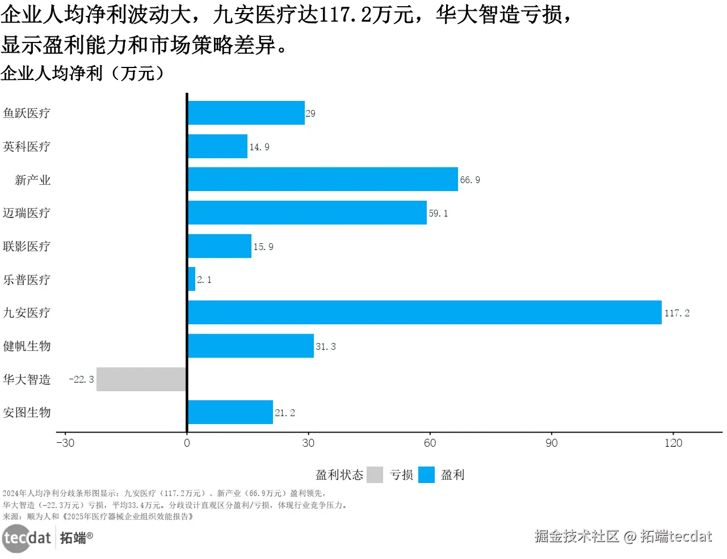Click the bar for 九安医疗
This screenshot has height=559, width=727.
pos(425,312)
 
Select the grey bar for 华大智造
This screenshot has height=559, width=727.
pos(141,379)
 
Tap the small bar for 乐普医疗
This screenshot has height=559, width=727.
pos(192,279)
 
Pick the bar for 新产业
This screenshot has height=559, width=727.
pos(322,179)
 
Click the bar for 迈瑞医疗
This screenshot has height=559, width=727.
pos(307,213)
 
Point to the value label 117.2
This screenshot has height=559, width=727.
pos(676,313)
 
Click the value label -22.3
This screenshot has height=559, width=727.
pos(81,379)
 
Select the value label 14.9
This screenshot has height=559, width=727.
pos(259,147)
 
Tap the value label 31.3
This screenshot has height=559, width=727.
pos(326,346)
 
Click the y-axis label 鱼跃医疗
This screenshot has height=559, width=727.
pos(27,113)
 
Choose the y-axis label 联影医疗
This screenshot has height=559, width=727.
pos(27,246)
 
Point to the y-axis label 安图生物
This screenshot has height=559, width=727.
pos(27,412)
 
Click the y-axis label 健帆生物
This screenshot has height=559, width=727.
pos(27,346)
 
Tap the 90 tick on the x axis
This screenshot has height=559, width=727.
pos(552,443)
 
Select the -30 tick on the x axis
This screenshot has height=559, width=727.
pos(65,443)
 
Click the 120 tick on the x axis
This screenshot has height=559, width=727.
pos(673,443)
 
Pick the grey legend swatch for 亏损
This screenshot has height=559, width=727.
pos(375,475)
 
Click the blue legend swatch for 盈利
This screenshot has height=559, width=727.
pos(426,475)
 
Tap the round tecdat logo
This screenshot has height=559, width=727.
pos(16,537)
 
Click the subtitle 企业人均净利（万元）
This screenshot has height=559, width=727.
pos(83,73)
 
